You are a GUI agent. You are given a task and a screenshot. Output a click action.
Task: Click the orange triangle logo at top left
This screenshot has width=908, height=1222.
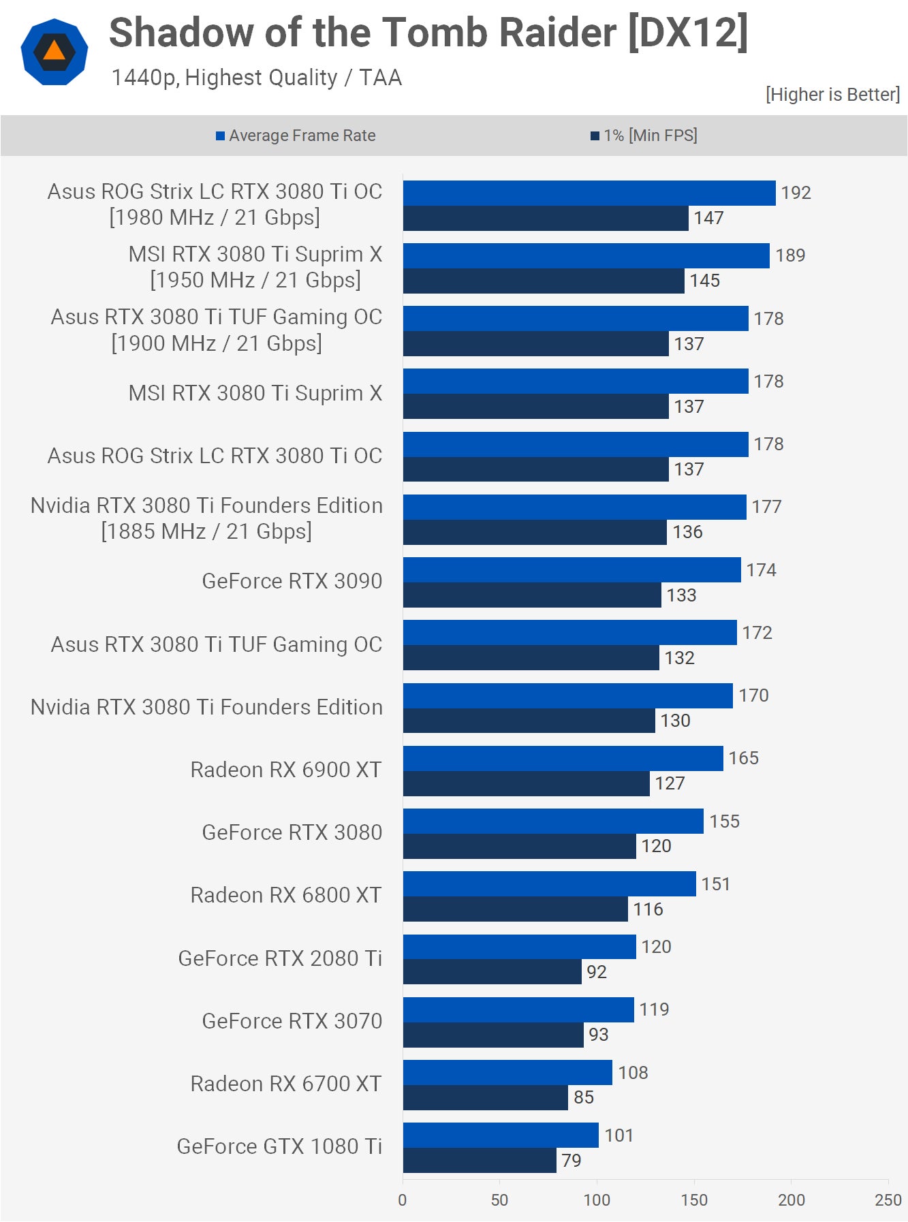click(x=54, y=52)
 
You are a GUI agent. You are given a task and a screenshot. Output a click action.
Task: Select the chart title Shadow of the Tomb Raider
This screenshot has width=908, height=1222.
click(x=428, y=33)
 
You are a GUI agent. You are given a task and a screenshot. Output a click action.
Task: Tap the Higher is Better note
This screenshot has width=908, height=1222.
click(x=832, y=95)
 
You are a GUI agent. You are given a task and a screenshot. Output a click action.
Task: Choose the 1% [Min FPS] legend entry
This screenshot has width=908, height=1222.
click(x=644, y=136)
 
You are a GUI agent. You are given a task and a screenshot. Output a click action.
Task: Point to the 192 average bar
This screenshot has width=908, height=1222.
click(x=589, y=193)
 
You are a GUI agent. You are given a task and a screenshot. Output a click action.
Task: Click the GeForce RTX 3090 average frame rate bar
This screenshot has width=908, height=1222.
click(x=572, y=569)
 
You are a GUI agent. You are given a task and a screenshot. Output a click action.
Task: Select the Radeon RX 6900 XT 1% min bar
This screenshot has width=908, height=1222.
click(x=526, y=783)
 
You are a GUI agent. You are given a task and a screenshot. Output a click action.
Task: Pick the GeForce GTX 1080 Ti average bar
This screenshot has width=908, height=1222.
click(x=501, y=1135)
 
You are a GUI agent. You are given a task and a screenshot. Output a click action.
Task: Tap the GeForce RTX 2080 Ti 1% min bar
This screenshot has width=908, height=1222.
click(x=492, y=971)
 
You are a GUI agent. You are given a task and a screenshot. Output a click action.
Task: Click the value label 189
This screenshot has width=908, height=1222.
click(x=790, y=255)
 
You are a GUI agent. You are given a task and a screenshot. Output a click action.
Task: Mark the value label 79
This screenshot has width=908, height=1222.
click(x=571, y=1160)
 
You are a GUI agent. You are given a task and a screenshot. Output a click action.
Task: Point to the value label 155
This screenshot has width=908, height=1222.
click(x=724, y=821)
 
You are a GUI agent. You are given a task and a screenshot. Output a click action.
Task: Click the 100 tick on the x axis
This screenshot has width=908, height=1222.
click(x=597, y=1200)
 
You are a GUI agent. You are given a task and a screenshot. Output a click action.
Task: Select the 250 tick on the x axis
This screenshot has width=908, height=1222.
click(x=888, y=1200)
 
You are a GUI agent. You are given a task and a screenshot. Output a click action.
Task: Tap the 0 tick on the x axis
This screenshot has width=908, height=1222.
click(x=403, y=1200)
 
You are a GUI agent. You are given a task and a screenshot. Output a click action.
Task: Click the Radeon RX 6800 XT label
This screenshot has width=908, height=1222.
click(x=286, y=895)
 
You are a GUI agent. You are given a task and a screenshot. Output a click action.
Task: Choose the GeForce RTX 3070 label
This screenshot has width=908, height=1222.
click(x=292, y=1020)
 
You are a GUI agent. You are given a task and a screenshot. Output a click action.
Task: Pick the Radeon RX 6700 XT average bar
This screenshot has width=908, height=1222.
click(x=507, y=1072)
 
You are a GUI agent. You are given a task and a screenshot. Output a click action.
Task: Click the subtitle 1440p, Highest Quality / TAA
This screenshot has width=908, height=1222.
click(x=256, y=78)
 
